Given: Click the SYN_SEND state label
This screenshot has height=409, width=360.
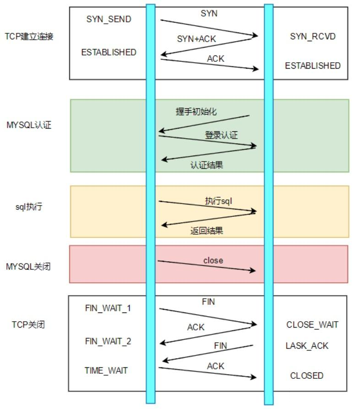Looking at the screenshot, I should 109,19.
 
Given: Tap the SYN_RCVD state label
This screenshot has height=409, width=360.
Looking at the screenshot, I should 313,36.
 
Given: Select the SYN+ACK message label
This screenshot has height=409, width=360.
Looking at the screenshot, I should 196,39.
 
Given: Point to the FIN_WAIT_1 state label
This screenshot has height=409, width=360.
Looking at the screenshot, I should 108,308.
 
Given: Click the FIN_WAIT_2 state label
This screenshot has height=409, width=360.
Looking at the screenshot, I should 108,341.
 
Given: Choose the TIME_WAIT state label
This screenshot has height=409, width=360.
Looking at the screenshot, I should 106,370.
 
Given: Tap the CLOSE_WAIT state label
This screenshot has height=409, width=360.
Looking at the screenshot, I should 312,325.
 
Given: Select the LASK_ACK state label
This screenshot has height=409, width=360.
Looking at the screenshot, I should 307,346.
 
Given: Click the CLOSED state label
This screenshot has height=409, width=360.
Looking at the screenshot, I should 307,376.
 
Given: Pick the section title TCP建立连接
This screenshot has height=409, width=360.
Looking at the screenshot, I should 29,36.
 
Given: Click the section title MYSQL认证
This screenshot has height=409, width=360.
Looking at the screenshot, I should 29,125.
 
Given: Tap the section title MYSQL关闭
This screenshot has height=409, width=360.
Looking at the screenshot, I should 28,267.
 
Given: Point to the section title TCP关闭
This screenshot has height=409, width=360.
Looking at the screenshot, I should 28,325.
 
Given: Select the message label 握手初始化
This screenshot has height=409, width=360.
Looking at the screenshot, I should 196,112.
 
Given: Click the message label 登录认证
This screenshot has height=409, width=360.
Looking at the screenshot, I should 221,135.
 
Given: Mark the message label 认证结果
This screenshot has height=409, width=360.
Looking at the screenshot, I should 207,165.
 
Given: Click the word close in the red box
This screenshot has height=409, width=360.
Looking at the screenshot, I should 213,260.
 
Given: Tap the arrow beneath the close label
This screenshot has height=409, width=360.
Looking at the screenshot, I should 207,266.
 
